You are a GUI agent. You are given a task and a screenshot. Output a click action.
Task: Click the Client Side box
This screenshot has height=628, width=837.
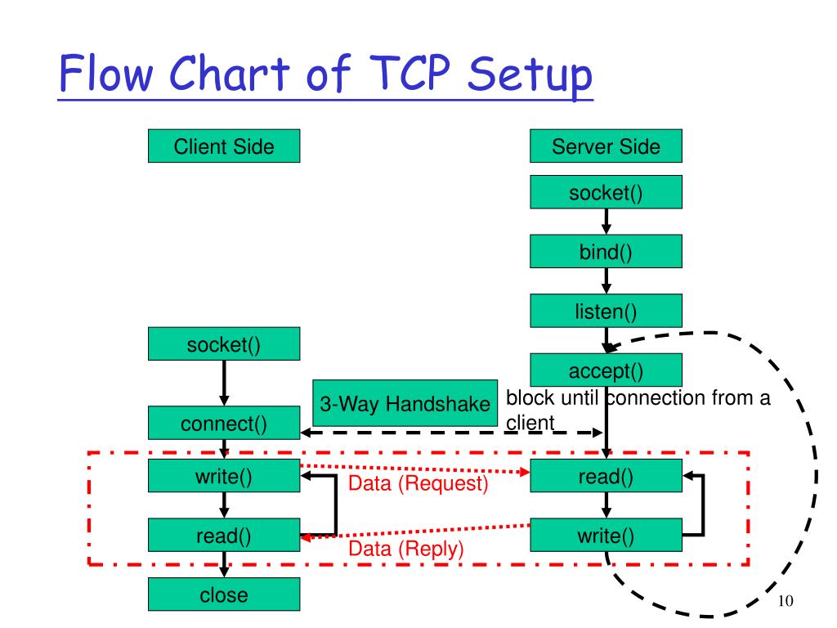223,147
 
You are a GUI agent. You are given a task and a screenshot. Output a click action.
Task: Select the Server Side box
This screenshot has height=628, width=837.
606,147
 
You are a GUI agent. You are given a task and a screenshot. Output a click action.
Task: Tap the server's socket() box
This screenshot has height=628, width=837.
606,193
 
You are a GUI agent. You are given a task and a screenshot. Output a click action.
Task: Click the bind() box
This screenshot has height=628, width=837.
606,252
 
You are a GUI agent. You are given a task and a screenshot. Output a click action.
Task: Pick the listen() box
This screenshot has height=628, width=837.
606,311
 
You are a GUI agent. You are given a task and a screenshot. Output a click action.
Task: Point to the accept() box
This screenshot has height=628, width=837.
606,370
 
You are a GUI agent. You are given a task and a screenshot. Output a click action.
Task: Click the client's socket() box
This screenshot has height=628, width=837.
223,344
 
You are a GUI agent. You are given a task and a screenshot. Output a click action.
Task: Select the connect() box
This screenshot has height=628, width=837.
223,424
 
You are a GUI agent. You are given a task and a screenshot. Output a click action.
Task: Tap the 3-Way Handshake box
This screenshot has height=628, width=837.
405,404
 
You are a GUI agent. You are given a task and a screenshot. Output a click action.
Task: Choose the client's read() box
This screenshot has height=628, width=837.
223,536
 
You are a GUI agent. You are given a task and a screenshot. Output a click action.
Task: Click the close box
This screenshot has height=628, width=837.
223,595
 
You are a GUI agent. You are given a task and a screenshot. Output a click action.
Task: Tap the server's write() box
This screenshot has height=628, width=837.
606,536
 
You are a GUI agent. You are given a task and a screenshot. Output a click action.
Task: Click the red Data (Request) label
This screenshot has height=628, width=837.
418,483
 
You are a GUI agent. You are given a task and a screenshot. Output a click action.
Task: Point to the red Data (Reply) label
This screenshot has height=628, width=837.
405,548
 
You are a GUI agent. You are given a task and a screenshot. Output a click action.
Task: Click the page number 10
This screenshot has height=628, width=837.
786,601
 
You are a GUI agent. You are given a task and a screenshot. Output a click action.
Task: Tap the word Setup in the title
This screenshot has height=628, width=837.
530,76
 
